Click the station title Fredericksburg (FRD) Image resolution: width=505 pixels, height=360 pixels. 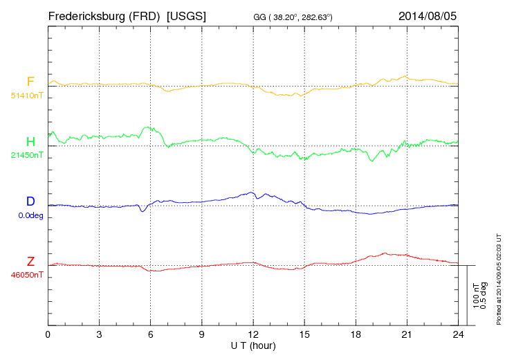click(x=104, y=15)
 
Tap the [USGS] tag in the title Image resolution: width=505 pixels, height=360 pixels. click(x=186, y=15)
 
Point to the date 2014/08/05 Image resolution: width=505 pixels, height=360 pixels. click(x=428, y=15)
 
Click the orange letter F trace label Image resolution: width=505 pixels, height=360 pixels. click(x=30, y=82)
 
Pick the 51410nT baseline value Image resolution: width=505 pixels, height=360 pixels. click(x=26, y=96)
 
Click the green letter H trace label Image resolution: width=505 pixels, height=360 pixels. click(x=30, y=142)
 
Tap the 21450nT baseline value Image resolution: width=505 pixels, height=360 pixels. click(x=26, y=155)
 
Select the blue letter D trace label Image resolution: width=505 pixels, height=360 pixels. click(x=30, y=201)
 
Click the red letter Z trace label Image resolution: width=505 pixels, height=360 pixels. click(x=30, y=262)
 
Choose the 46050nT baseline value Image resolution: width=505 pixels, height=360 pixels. click(x=26, y=275)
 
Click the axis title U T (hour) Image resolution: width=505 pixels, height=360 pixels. click(x=253, y=345)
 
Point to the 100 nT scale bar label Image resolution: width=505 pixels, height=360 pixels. click(x=476, y=295)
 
